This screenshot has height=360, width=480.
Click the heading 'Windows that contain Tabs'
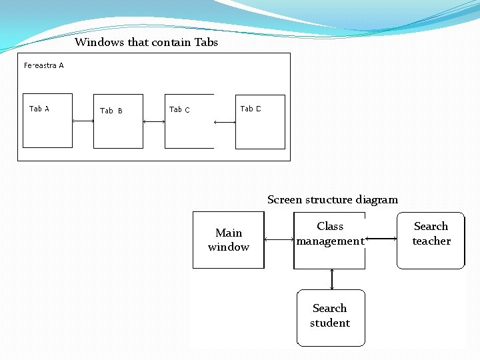tap(146, 43)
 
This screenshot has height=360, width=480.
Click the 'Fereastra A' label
tap(44, 65)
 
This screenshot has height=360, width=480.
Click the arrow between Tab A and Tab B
tap(83, 121)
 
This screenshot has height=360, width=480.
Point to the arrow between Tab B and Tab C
tap(154, 121)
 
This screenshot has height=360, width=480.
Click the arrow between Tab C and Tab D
tap(225, 122)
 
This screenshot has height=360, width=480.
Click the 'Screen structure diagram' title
tap(332, 200)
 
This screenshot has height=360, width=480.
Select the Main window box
tap(228, 240)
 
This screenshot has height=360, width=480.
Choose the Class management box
tap(329, 240)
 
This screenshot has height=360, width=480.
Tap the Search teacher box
tap(431, 240)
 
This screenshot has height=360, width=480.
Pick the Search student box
tap(331, 317)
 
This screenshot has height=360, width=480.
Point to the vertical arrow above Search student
tap(331, 279)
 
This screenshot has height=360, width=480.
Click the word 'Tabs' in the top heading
tap(206, 43)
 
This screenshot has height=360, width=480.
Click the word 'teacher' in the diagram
tap(431, 241)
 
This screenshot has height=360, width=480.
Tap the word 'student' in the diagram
tap(330, 323)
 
